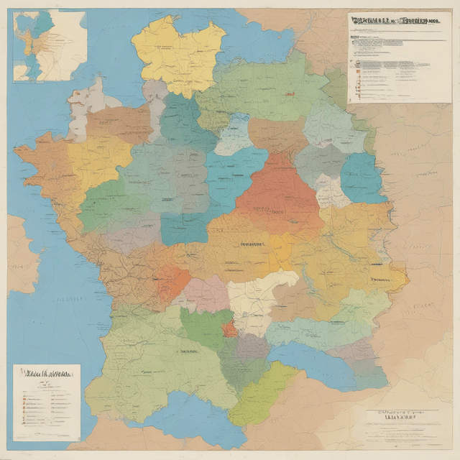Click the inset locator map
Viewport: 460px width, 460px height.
pyautogui.click(x=49, y=45)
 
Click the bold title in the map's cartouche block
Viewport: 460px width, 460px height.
pyautogui.click(x=394, y=415)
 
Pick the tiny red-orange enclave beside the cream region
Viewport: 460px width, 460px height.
pyautogui.click(x=229, y=329)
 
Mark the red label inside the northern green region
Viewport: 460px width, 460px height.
pyautogui.click(x=290, y=93)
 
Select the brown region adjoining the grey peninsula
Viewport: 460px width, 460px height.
pyautogui.click(x=119, y=126)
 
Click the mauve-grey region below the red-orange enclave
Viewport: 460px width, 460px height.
pyautogui.click(x=252, y=348)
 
